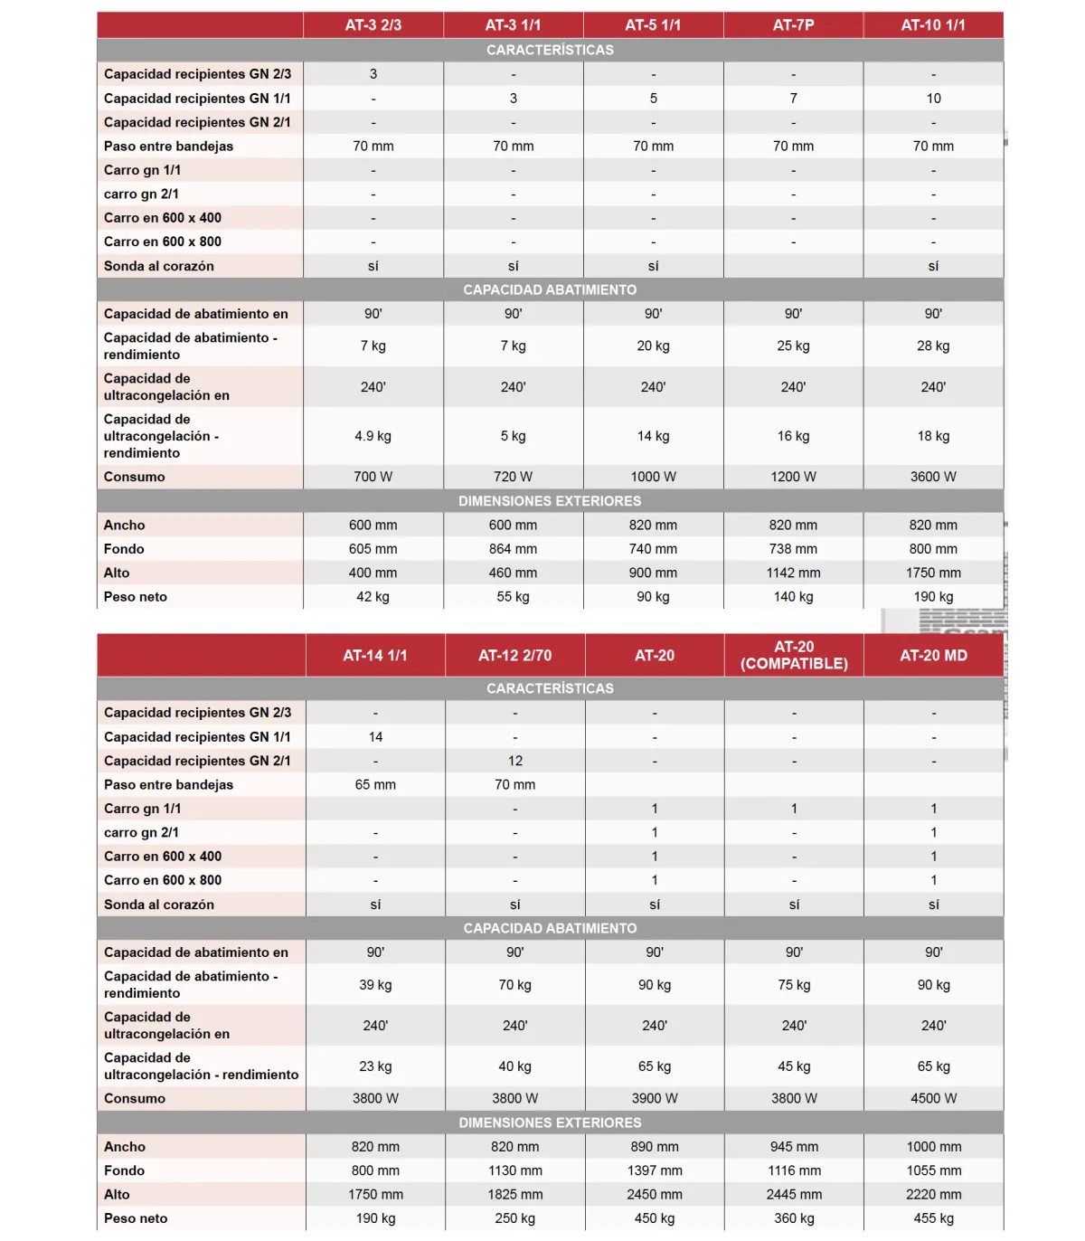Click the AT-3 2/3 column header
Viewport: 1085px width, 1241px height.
tap(373, 25)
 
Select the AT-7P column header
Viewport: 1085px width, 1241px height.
tap(793, 25)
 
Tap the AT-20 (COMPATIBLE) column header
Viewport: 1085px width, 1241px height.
tap(794, 655)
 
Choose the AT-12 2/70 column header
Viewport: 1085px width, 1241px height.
tap(514, 656)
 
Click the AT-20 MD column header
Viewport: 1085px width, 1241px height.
tap(933, 656)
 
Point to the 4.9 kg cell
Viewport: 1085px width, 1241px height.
tap(373, 436)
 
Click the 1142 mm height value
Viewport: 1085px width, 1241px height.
tap(793, 573)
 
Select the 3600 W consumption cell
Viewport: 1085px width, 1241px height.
tap(933, 477)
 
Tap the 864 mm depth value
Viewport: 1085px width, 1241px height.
tap(513, 549)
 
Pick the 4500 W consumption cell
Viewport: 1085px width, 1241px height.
tap(933, 1098)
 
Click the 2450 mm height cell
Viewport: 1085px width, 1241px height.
tap(655, 1194)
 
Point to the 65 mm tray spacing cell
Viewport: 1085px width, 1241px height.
tap(375, 785)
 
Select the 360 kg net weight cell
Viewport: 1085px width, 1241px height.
tap(794, 1218)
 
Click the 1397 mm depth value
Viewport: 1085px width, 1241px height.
tap(655, 1170)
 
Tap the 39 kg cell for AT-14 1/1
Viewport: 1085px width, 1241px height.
tap(375, 985)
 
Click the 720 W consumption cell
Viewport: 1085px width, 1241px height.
tap(513, 477)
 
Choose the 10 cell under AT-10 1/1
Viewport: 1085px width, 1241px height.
tap(933, 99)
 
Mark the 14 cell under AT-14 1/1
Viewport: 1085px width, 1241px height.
tap(375, 737)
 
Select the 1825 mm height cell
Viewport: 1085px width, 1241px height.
tap(514, 1194)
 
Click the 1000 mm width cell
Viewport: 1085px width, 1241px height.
tap(933, 1147)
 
